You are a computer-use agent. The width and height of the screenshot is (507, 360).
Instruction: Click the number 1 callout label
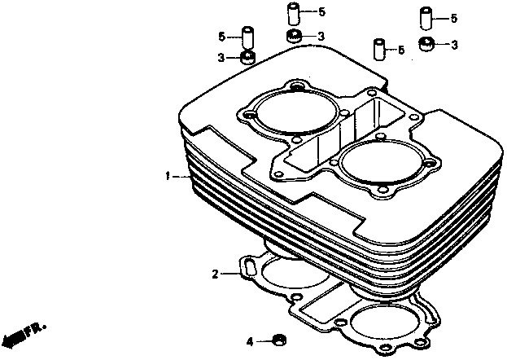pos(168,177)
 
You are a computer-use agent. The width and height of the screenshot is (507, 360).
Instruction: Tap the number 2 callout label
pos(216,274)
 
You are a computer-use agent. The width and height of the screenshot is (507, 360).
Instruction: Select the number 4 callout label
pos(250,342)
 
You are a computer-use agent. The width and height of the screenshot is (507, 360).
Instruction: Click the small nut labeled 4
pos(278,340)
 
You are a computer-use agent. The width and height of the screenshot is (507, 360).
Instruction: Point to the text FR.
pos(36,329)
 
